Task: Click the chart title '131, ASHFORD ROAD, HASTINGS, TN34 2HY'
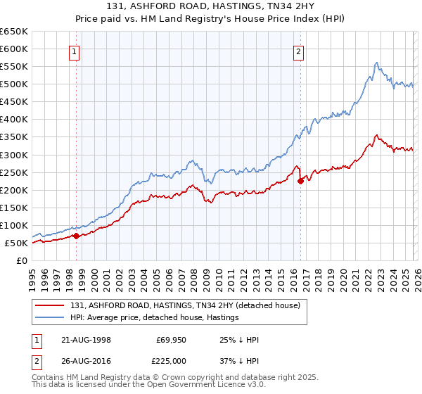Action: (211, 8)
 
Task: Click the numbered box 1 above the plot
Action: (75, 51)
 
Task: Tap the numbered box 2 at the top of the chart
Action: (299, 51)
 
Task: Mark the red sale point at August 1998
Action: (76, 236)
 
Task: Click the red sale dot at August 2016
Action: (300, 181)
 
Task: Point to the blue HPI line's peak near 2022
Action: (376, 63)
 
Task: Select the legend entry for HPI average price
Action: (155, 317)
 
